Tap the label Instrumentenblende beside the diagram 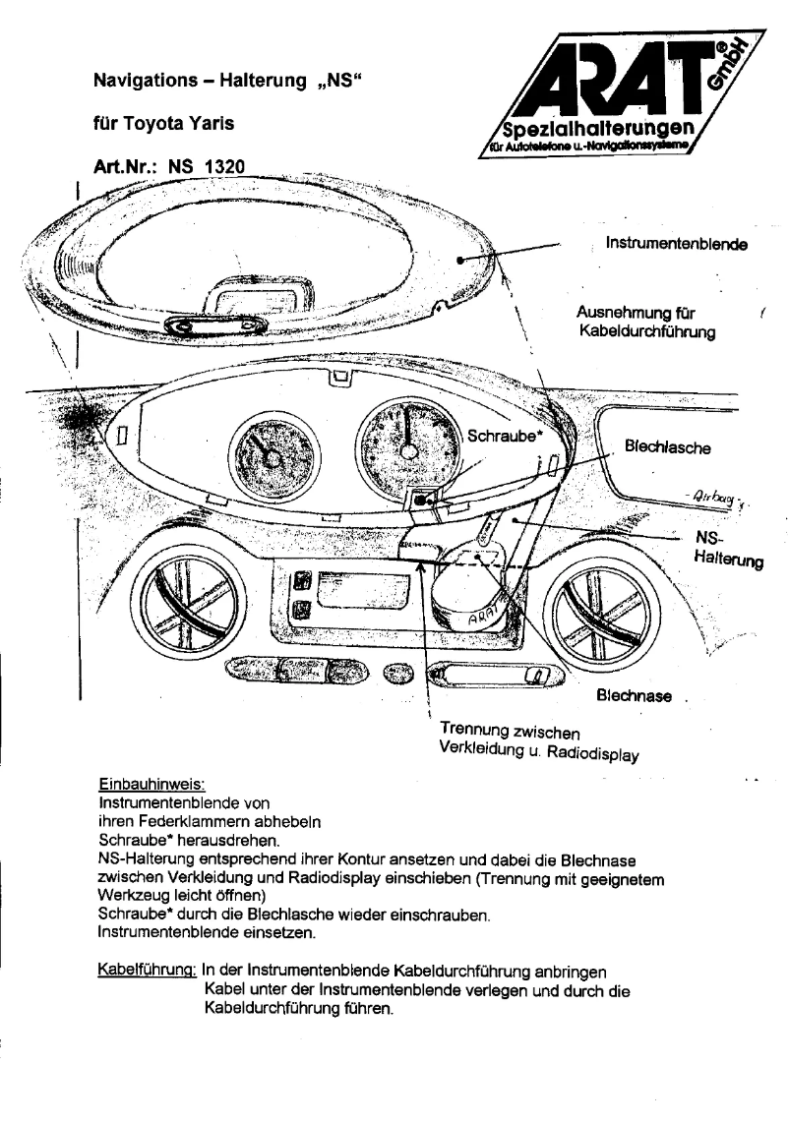pos(674,244)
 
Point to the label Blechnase pos(635,696)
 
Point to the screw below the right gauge pos(421,500)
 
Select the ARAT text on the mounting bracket pos(484,620)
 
